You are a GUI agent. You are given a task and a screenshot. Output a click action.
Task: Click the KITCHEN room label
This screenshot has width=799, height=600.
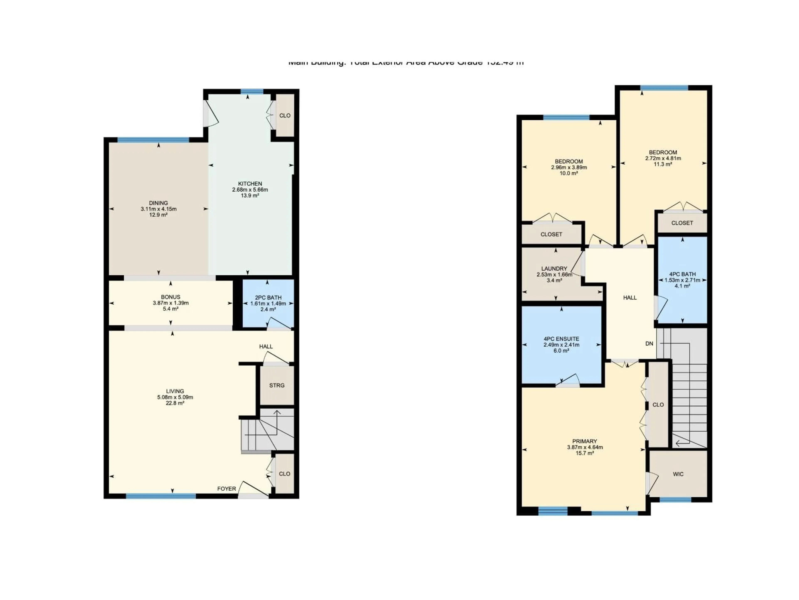[x=250, y=184]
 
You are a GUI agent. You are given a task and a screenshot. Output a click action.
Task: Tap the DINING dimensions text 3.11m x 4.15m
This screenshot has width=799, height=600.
[x=159, y=209]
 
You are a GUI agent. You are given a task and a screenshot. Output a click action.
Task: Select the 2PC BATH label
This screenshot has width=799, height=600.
[x=268, y=298]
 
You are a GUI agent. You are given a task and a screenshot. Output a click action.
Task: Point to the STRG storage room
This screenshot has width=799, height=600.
[x=277, y=386]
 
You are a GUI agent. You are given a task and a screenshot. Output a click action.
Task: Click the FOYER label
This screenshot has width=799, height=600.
[x=226, y=489]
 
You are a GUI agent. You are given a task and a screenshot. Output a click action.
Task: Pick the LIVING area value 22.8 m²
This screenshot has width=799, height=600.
[x=175, y=403]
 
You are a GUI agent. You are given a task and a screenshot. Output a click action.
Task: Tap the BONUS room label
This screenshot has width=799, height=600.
[x=170, y=297]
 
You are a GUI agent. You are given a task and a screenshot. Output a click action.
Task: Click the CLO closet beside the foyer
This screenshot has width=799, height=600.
[x=284, y=474]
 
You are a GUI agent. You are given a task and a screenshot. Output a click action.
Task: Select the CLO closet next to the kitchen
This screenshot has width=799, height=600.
[x=285, y=116]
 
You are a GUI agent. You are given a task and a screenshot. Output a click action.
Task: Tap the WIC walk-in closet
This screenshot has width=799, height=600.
[x=678, y=474]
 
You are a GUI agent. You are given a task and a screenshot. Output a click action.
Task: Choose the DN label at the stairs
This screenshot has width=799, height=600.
[x=649, y=344]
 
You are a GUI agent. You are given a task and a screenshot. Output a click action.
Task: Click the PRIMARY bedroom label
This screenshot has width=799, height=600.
[x=584, y=441]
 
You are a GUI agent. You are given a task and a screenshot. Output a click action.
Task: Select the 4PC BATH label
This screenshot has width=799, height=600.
[x=682, y=274]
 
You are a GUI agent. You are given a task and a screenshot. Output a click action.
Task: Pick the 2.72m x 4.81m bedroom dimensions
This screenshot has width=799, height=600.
[x=663, y=158]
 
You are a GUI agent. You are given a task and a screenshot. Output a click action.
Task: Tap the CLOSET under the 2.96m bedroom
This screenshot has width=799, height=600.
[x=551, y=234]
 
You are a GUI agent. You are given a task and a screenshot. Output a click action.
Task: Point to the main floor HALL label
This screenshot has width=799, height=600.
[x=266, y=346]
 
